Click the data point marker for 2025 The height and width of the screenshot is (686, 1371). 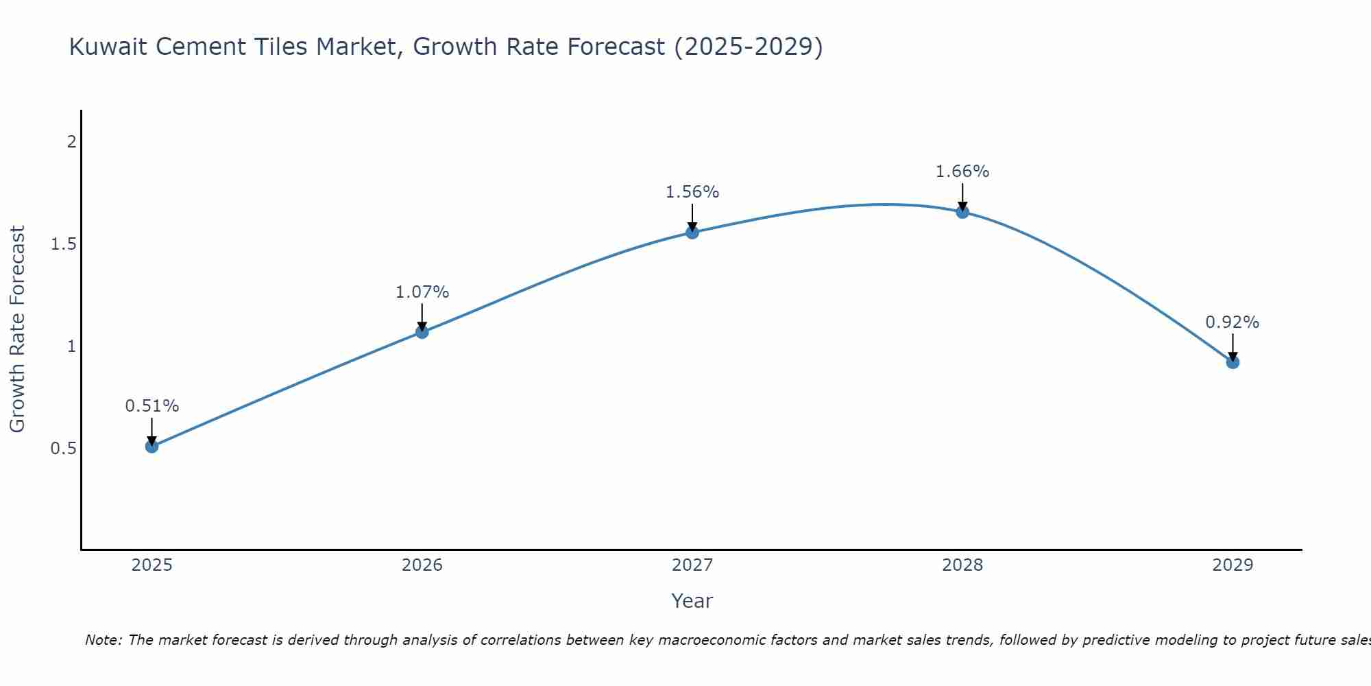(152, 447)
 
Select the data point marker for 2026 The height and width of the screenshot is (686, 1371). (422, 332)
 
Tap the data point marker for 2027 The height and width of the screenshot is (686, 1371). (692, 233)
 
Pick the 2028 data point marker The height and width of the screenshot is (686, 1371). (962, 212)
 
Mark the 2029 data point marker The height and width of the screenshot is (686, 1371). (1233, 362)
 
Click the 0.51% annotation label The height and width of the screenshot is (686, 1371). (152, 406)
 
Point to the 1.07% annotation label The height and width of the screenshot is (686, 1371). (422, 292)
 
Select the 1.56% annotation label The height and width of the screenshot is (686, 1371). (692, 192)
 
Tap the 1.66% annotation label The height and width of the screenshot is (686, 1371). (962, 171)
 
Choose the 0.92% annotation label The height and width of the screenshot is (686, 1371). (1233, 322)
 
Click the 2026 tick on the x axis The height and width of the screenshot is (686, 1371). (422, 565)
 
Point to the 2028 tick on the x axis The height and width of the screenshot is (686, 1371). (962, 565)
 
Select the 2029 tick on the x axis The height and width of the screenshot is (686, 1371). (1233, 565)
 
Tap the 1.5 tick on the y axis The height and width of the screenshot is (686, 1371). (63, 244)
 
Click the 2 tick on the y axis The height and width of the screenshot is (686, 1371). (71, 142)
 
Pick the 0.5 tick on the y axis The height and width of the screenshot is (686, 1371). (63, 449)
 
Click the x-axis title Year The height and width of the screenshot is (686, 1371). (692, 601)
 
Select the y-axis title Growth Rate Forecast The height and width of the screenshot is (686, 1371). (18, 329)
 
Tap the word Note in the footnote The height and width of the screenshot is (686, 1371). (103, 640)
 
